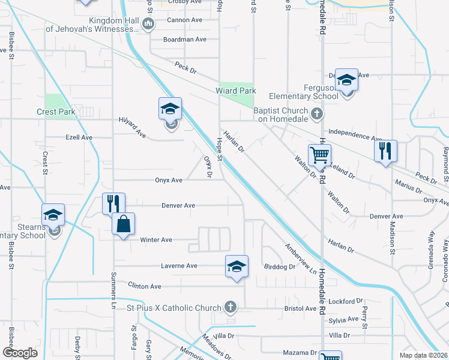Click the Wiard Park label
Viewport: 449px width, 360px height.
click(236, 91)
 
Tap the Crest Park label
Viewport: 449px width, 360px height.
click(55, 112)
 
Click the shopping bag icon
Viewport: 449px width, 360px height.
click(123, 224)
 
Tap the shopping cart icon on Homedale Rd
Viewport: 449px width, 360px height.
click(320, 155)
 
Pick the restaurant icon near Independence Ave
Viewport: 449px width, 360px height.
click(385, 151)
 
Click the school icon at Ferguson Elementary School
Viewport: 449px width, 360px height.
click(346, 80)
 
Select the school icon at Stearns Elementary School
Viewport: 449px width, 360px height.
click(53, 215)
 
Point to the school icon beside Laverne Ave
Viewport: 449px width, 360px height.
click(237, 266)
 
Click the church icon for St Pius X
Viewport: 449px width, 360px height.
click(229, 308)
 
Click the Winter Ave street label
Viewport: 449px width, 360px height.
click(156, 240)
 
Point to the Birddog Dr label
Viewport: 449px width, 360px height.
click(279, 266)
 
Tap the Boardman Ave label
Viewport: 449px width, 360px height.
click(185, 40)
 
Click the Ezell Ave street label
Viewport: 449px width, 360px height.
click(79, 137)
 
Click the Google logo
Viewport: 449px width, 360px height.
click(20, 353)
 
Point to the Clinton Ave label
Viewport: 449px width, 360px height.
click(145, 287)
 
